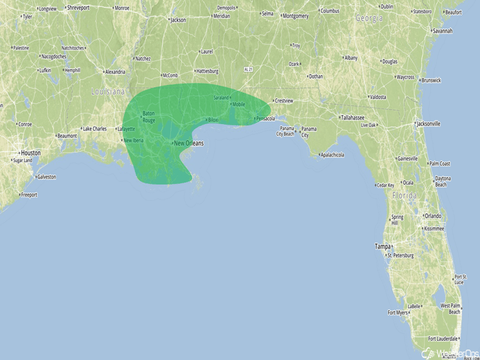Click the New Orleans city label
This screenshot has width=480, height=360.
[190, 143]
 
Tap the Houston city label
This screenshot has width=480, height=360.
[30, 153]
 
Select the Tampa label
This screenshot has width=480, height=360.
[384, 246]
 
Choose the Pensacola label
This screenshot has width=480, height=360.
[265, 118]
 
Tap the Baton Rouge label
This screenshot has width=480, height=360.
[148, 116]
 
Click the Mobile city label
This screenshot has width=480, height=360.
[238, 104]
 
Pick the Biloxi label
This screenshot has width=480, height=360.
[213, 120]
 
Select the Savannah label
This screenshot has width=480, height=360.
[442, 30]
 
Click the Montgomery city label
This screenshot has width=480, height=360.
[296, 16]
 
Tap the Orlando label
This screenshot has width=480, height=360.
[432, 216]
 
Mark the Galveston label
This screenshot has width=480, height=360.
[46, 177]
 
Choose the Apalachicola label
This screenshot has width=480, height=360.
[332, 154]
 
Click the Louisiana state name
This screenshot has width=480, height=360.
[107, 92]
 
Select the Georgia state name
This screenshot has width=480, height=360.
[369, 18]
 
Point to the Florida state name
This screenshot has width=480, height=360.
[405, 195]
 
